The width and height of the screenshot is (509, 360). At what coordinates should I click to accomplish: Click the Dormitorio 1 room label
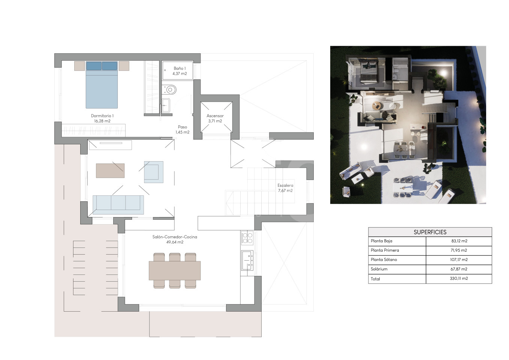point(102,118)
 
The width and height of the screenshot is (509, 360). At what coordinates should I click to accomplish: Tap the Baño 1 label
point(180,71)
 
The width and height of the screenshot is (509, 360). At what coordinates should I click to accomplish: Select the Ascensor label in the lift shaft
point(215,118)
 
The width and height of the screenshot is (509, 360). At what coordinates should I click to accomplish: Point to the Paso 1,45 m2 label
point(183,129)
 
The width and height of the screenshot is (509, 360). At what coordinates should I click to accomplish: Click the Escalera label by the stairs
point(285,188)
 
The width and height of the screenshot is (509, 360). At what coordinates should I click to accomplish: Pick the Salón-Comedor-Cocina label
point(175,239)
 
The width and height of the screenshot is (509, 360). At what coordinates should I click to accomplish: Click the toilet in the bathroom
point(169,90)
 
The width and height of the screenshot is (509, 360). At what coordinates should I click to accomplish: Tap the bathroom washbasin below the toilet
point(166,105)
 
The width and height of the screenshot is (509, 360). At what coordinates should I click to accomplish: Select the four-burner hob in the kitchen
point(247,238)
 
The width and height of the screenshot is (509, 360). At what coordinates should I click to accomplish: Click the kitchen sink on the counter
point(247,261)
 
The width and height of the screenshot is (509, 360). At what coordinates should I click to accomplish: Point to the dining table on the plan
point(175,270)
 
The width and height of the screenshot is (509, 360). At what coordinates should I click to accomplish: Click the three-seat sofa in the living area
point(118,205)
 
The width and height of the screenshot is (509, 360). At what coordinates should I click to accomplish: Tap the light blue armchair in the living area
point(154,172)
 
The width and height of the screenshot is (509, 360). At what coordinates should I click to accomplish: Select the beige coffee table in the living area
point(110,171)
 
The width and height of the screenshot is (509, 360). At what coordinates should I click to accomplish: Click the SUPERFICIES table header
point(430,232)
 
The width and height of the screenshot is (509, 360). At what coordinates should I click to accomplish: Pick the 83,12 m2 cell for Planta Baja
point(459,241)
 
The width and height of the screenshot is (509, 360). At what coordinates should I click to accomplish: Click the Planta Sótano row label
point(384,259)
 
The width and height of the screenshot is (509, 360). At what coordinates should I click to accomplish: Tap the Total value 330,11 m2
point(459,278)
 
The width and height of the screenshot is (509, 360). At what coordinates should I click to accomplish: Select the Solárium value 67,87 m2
point(459,269)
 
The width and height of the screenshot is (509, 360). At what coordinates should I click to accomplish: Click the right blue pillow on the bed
point(109,66)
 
